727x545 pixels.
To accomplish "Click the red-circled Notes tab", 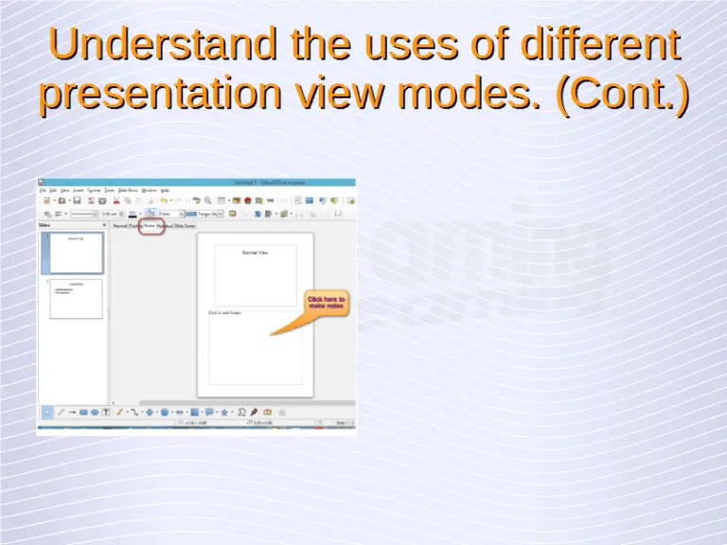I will pos(150,226).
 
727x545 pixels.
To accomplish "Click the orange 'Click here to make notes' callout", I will pos(327,303).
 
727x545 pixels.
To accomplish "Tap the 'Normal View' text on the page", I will pos(256,253).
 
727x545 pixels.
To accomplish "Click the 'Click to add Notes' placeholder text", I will pos(225,312).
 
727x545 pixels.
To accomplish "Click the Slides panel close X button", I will pos(104,225).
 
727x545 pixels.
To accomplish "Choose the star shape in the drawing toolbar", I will pos(224,413).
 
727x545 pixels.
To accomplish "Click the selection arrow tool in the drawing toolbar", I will pos(47,413).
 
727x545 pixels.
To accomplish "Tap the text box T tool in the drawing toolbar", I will pos(105,413).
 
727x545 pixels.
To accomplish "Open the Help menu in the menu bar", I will pos(165,190).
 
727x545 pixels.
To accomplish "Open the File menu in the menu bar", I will pos(43,190).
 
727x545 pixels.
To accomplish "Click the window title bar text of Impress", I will pos(261,182).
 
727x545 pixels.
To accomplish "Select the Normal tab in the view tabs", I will pos(120,226).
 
